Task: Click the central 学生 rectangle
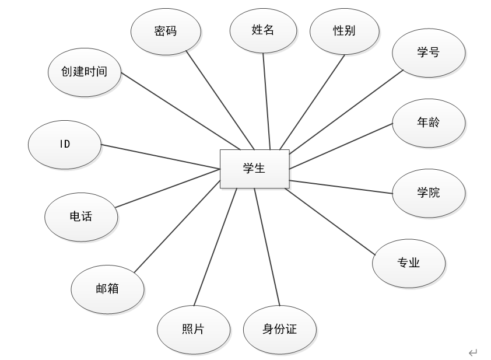pos(254,169)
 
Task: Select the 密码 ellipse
pos(166,31)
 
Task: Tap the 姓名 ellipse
pos(263,30)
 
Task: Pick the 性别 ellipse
pos(344,31)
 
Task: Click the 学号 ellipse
pos(428,53)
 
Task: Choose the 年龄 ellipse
pos(428,123)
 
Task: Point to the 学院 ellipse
pos(428,193)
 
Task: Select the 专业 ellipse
pos(409,263)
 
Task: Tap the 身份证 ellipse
pos(279,329)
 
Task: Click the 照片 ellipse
pos(193,329)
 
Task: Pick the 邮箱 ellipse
pos(107,288)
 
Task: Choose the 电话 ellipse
pos(81,216)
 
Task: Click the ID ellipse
pos(65,144)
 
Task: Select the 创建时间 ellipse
pos(85,72)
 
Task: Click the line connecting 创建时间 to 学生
pos(180,111)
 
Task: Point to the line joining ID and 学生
pos(160,156)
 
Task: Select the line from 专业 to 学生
pos(330,221)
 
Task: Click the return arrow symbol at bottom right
pos(472,352)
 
